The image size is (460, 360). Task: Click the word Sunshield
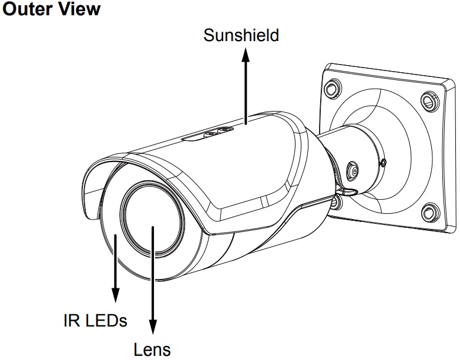click(241, 35)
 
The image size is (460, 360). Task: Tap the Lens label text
click(153, 350)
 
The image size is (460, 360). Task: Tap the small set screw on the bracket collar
click(382, 163)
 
